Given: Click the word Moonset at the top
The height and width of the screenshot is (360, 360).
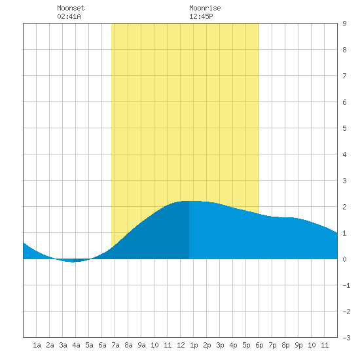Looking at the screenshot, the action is point(71,8).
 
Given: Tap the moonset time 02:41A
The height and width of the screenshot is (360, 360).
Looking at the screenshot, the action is point(69,16).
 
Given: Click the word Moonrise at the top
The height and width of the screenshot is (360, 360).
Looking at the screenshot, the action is point(205,8).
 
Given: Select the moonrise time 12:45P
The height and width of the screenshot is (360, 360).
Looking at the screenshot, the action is point(201,16).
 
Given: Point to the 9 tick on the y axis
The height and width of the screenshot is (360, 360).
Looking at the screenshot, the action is point(344,24).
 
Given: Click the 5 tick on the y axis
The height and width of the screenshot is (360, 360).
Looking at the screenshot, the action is point(344,128).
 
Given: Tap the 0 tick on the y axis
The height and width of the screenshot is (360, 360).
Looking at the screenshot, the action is point(344,259).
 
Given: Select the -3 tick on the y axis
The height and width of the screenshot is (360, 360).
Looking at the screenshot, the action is point(346,338).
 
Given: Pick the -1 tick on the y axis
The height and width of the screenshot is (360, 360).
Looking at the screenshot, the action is point(346,285).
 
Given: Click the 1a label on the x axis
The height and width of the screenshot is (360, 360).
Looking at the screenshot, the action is point(37,345).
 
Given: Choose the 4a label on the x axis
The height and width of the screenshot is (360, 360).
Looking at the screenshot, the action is point(76,345).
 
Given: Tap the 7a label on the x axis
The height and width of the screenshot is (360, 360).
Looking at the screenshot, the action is point(115,345).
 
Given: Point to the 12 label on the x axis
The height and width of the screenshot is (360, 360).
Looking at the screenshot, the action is point(181,345).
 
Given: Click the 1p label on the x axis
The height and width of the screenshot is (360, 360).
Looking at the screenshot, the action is point(194,345).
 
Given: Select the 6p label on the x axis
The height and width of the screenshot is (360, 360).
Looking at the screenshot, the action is point(259,345).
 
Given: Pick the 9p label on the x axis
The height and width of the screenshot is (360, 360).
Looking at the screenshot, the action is point(298,345).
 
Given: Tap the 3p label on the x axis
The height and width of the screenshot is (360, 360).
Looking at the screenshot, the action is point(220,345).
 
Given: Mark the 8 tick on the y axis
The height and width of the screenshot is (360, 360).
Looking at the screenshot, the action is point(344,50).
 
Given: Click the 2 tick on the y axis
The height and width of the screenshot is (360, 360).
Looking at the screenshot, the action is point(344,207).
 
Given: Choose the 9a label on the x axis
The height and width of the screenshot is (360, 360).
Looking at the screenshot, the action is point(141,345).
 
